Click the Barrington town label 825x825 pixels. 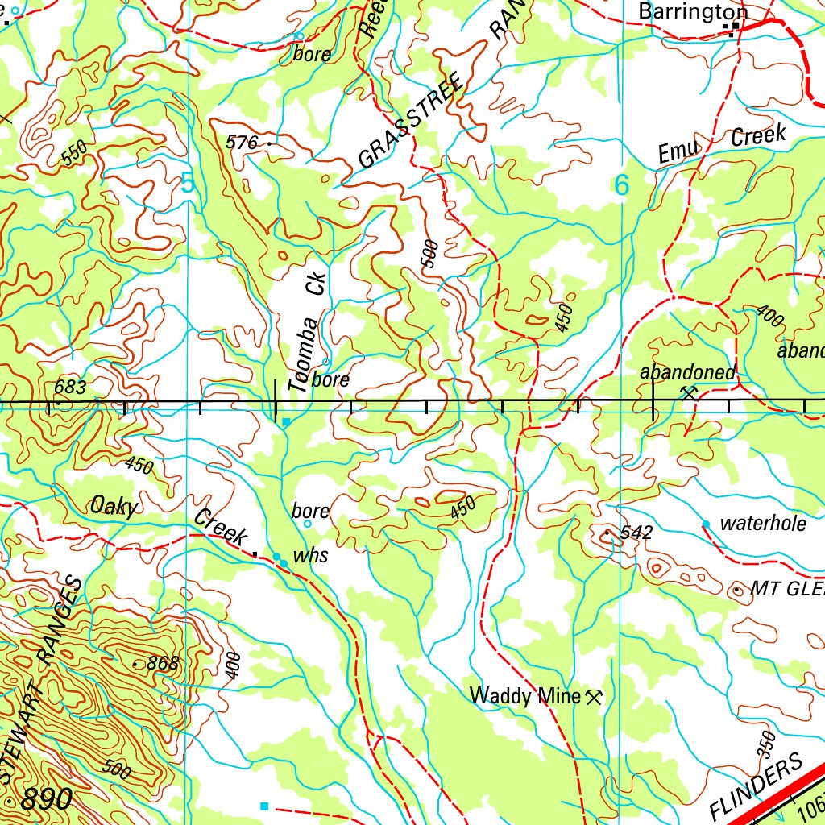(692, 11)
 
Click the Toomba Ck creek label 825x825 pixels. (308, 331)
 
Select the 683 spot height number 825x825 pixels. (69, 388)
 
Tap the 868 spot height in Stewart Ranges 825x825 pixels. (162, 664)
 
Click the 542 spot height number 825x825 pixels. (636, 532)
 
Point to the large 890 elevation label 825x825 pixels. (47, 799)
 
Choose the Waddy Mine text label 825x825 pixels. (525, 695)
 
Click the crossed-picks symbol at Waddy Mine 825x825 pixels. (595, 696)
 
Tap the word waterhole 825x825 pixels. (762, 524)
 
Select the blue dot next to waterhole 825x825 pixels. (706, 524)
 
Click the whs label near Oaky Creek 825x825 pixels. (310, 556)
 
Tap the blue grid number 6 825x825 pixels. (621, 185)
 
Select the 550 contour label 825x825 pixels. (73, 155)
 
